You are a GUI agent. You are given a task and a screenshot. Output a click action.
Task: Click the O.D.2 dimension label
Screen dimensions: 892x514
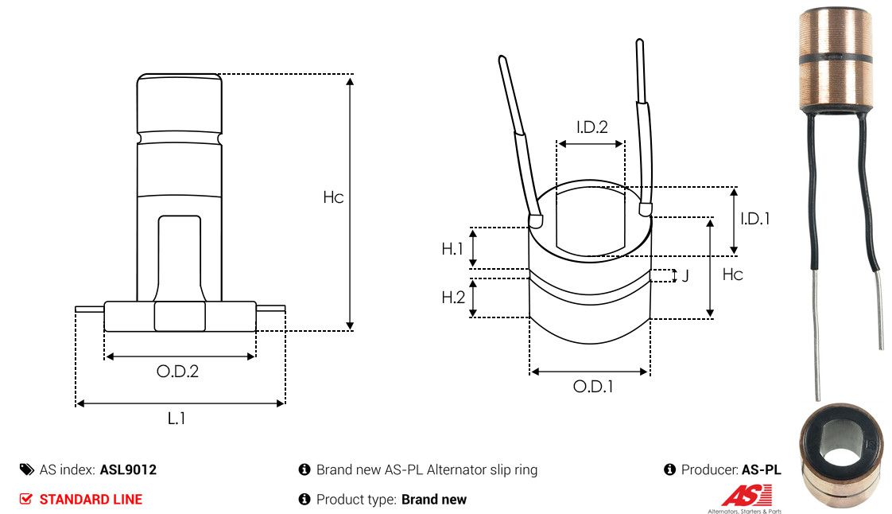click(177, 372)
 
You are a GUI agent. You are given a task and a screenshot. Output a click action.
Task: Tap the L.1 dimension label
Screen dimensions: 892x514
click(176, 419)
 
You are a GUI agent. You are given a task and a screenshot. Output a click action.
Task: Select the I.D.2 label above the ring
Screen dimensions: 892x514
click(591, 127)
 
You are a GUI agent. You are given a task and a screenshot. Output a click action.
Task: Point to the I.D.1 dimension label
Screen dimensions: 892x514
click(755, 219)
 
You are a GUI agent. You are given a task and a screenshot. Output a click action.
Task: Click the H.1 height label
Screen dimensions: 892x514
click(452, 249)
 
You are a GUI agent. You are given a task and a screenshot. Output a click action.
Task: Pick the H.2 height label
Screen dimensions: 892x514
click(453, 297)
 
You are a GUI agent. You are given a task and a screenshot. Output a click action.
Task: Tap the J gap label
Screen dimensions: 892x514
click(685, 276)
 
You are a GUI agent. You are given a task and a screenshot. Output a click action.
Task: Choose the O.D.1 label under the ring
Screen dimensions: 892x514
click(593, 387)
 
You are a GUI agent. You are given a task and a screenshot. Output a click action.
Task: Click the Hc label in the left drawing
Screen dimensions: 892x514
click(333, 197)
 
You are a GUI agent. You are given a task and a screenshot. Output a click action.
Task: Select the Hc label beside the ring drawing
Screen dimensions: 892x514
click(733, 275)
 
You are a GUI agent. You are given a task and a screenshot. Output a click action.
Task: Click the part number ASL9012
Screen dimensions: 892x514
click(128, 469)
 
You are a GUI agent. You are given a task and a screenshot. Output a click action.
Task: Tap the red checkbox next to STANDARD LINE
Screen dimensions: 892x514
click(25, 499)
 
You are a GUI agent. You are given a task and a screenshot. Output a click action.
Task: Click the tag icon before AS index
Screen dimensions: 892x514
click(27, 469)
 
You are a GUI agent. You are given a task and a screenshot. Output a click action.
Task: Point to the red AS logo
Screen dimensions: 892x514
click(747, 495)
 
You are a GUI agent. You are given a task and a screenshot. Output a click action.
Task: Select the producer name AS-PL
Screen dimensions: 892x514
click(761, 469)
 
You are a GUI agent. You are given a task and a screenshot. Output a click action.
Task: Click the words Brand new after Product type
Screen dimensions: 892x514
click(434, 499)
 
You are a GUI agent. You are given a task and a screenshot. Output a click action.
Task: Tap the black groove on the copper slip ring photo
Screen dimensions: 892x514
click(836, 59)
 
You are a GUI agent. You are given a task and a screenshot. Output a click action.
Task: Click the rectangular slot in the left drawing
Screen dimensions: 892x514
click(179, 259)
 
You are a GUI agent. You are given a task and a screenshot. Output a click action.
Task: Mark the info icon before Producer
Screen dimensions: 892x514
click(669, 469)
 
